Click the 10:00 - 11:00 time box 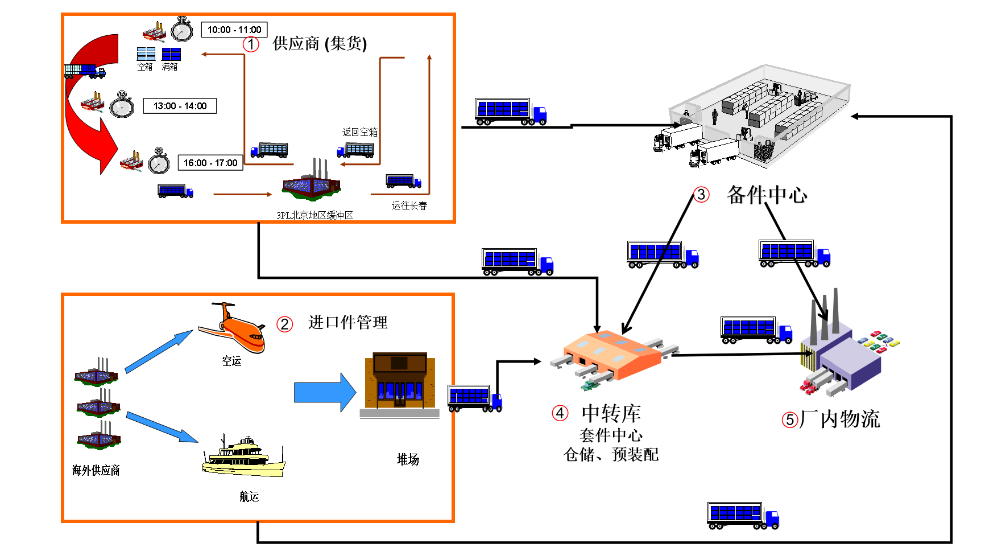pyautogui.click(x=234, y=30)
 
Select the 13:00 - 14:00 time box pyautogui.click(x=180, y=106)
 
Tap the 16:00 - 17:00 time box pyautogui.click(x=210, y=163)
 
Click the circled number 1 pyautogui.click(x=251, y=44)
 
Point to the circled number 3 pyautogui.click(x=701, y=195)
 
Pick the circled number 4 pyautogui.click(x=560, y=413)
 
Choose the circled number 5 pyautogui.click(x=790, y=420)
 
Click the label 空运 pyautogui.click(x=231, y=361)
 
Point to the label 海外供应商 pyautogui.click(x=96, y=470)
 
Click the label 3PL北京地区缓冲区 pyautogui.click(x=314, y=215)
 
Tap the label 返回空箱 pyautogui.click(x=359, y=132)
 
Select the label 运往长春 pyautogui.click(x=409, y=205)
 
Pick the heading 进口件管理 pyautogui.click(x=347, y=323)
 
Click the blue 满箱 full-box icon pyautogui.click(x=171, y=55)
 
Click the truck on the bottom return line pyautogui.click(x=742, y=516)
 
